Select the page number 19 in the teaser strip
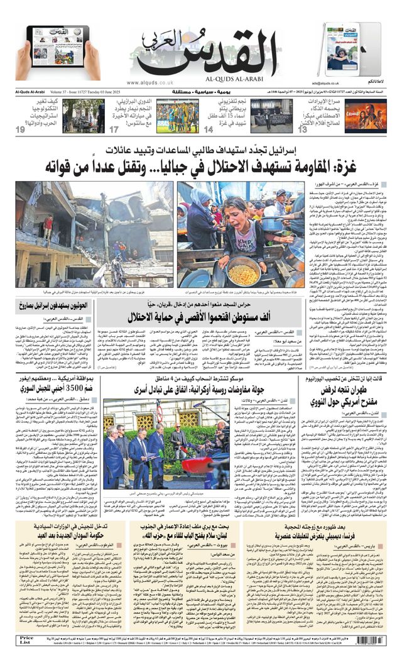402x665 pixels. tap(20, 129)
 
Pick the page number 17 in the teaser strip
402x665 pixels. tap(114, 129)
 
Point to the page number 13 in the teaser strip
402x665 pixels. tap(303, 129)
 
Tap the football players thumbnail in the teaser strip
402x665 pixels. tap(177, 116)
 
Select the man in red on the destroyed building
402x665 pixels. tap(48, 223)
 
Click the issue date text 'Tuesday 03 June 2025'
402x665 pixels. tap(94, 92)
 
